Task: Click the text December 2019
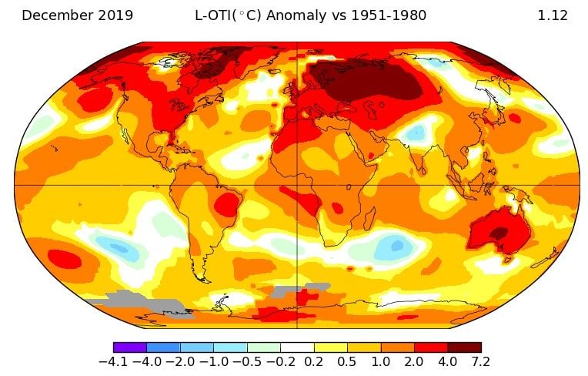(77, 15)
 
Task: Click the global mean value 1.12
(553, 15)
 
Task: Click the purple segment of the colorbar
(129, 347)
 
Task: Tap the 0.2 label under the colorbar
(314, 362)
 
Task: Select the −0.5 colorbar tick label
(246, 362)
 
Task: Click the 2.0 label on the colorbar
(414, 362)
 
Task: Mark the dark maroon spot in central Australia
(499, 232)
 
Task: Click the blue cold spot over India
(415, 133)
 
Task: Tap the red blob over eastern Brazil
(228, 203)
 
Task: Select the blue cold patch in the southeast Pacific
(117, 247)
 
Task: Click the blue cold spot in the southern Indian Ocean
(395, 247)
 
